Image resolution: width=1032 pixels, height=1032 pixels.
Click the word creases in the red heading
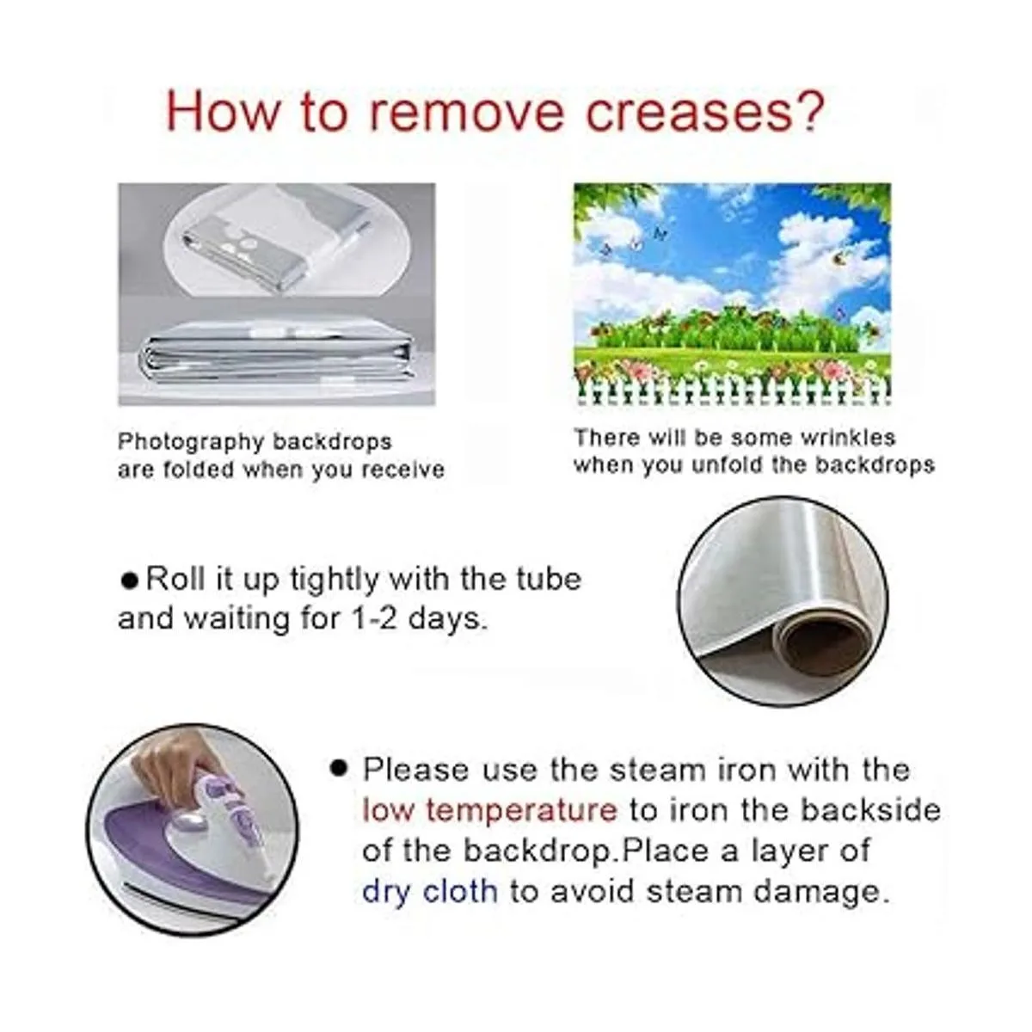(688, 113)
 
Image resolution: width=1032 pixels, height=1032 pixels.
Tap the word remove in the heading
(467, 113)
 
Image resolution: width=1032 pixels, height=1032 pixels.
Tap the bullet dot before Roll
(130, 581)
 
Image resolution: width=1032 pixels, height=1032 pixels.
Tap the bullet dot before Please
(339, 769)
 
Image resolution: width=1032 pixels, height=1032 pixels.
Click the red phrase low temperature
(490, 810)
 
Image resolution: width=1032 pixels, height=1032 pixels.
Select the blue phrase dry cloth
(430, 892)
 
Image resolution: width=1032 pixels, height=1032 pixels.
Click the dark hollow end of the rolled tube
(819, 650)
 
